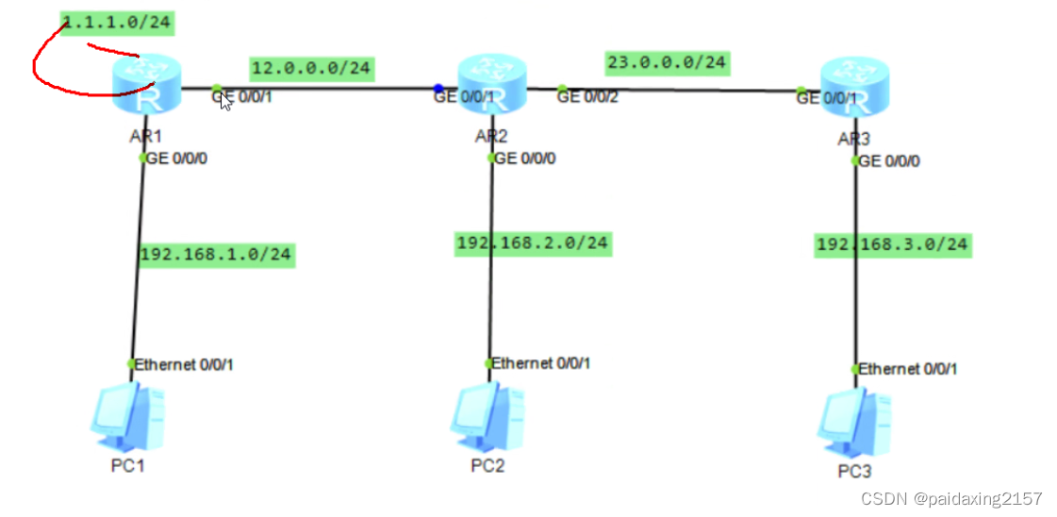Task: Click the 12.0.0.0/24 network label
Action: pos(312,68)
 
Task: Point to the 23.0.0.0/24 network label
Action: pos(667,62)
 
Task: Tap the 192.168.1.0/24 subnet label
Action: pos(216,254)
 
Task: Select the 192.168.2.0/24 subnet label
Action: pos(533,243)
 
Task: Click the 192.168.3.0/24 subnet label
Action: pos(892,245)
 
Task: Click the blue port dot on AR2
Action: pos(438,88)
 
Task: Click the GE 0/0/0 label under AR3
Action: pos(889,161)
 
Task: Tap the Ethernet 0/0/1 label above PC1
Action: pos(184,364)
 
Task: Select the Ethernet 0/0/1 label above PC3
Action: pos(907,369)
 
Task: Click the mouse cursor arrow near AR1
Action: pos(226,101)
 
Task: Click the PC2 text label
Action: pos(487,465)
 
